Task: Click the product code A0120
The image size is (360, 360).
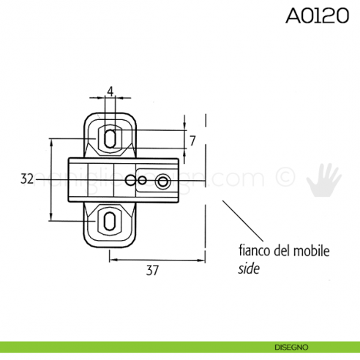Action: pyautogui.click(x=317, y=17)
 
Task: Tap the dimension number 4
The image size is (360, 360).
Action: pyautogui.click(x=110, y=91)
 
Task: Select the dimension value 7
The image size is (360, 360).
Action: pyautogui.click(x=192, y=139)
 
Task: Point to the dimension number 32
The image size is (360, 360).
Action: pyautogui.click(x=28, y=179)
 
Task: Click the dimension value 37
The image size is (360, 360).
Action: pyautogui.click(x=152, y=270)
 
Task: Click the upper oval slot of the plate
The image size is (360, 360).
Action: pyautogui.click(x=110, y=137)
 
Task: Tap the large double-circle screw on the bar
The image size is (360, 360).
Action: pyautogui.click(x=162, y=180)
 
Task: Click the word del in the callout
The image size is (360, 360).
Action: pyautogui.click(x=282, y=252)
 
